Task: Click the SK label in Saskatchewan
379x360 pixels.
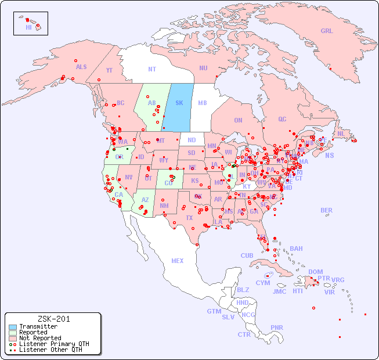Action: pyautogui.click(x=179, y=103)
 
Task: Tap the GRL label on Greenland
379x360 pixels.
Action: pyautogui.click(x=327, y=31)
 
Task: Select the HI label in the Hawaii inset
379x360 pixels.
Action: pyautogui.click(x=28, y=27)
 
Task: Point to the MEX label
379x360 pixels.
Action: pyautogui.click(x=178, y=261)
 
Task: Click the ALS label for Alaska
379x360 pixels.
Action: pyautogui.click(x=81, y=67)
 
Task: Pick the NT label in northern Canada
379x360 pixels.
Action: pyautogui.click(x=151, y=69)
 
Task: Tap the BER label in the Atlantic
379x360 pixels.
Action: pyautogui.click(x=326, y=210)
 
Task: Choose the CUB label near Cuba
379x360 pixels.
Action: pyautogui.click(x=247, y=255)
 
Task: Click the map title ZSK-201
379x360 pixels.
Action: pyautogui.click(x=53, y=319)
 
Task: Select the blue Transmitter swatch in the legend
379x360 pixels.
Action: pyautogui.click(x=13, y=326)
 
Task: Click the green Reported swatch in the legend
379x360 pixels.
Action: pyautogui.click(x=13, y=332)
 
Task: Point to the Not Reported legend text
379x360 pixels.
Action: pyautogui.click(x=40, y=338)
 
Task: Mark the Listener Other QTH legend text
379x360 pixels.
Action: pyautogui.click(x=50, y=350)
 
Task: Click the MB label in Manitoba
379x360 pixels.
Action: pyautogui.click(x=203, y=103)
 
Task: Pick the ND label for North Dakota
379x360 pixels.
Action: pyautogui.click(x=192, y=140)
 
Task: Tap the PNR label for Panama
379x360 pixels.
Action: pyautogui.click(x=277, y=327)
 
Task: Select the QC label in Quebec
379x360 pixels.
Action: pyautogui.click(x=282, y=119)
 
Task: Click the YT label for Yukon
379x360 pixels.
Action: pyautogui.click(x=109, y=70)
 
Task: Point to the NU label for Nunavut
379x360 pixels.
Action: pyautogui.click(x=203, y=68)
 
